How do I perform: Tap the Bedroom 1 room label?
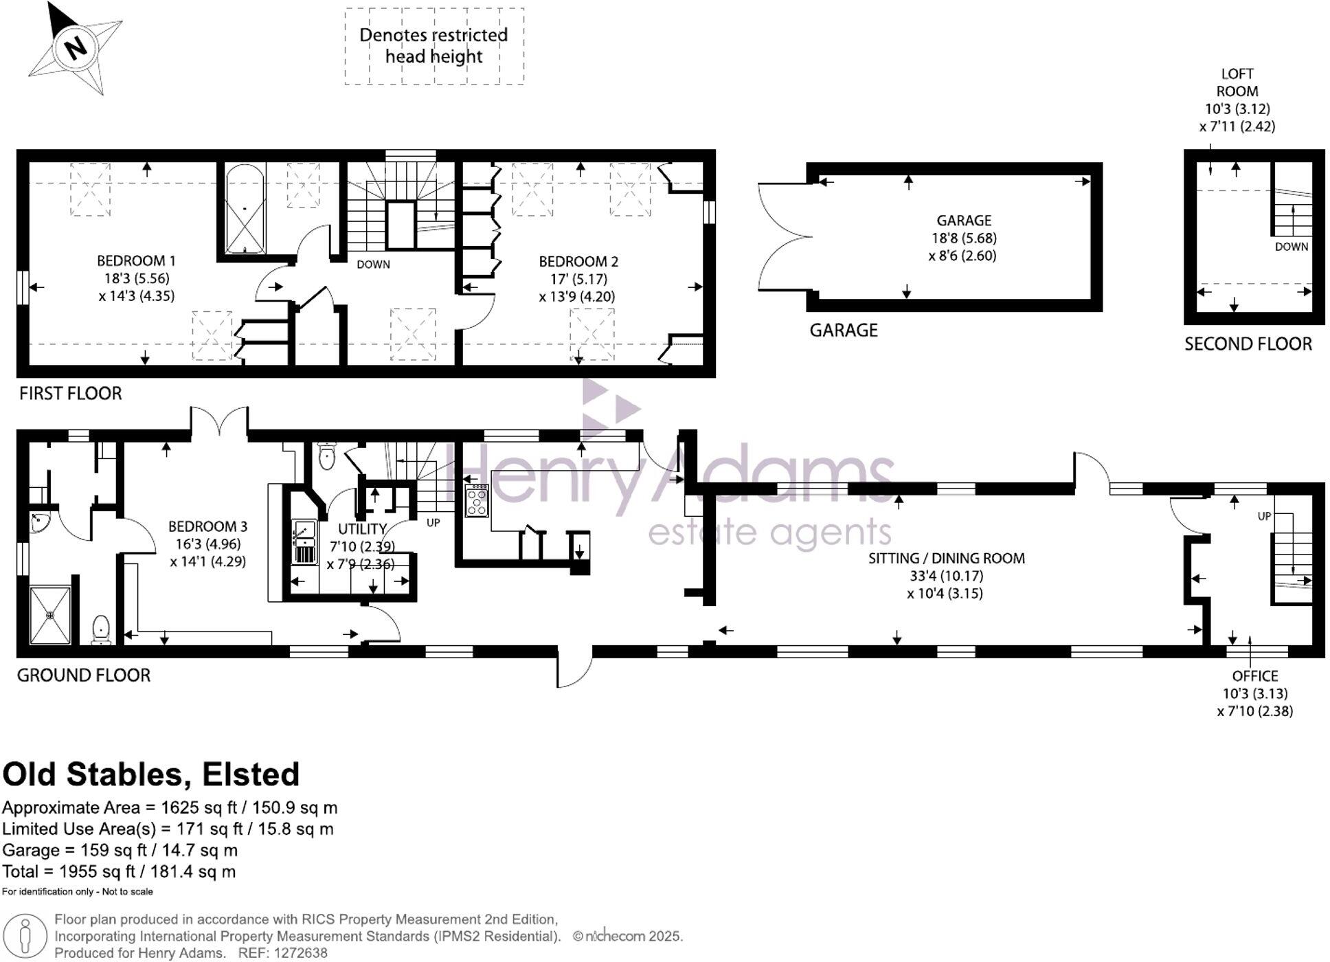136,261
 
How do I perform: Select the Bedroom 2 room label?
578,262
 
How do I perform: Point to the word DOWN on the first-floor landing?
373,265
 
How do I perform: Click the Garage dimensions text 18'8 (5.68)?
964,238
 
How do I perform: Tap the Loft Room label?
1237,82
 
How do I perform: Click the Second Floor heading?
1248,344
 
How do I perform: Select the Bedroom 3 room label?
207,527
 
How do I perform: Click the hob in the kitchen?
477,500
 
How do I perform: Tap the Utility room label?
362,529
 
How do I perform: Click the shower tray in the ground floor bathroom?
51,615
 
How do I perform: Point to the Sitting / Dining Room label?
946,559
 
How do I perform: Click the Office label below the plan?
1254,676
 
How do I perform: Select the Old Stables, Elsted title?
151,774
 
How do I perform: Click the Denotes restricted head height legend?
433,46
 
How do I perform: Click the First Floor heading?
70,394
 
